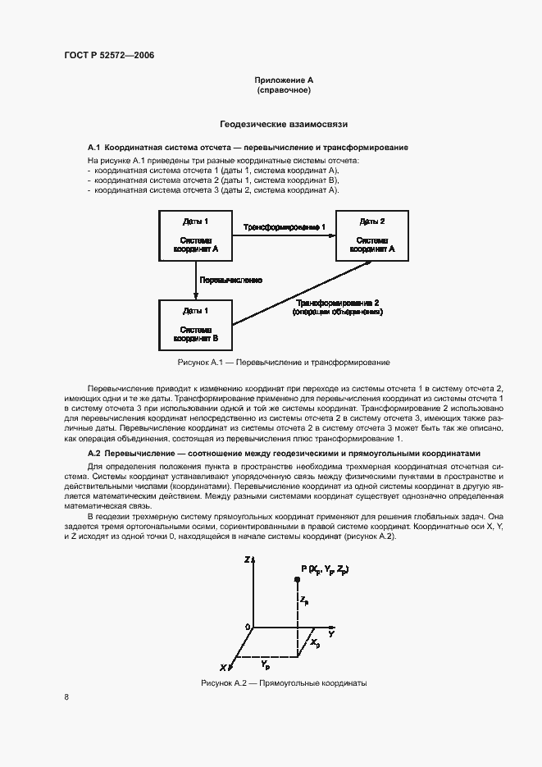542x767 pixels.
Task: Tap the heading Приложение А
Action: coord(284,80)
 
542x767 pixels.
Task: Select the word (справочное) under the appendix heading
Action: coord(284,90)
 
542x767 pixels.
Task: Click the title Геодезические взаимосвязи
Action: coord(284,125)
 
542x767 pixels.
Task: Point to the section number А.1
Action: coord(93,147)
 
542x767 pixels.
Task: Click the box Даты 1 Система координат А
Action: coord(195,235)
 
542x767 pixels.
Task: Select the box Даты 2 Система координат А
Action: coord(371,235)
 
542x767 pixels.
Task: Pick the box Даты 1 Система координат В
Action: coord(195,324)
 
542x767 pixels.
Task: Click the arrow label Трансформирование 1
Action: coord(285,226)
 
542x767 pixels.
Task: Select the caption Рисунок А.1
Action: coord(284,362)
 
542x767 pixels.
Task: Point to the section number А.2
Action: coord(93,454)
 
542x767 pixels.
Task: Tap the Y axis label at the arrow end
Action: coord(331,634)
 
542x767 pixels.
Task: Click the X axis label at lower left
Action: coord(223,665)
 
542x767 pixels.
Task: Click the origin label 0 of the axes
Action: coord(248,628)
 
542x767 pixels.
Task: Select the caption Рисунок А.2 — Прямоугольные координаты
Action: coord(284,683)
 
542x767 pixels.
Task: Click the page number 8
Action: coord(66,697)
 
